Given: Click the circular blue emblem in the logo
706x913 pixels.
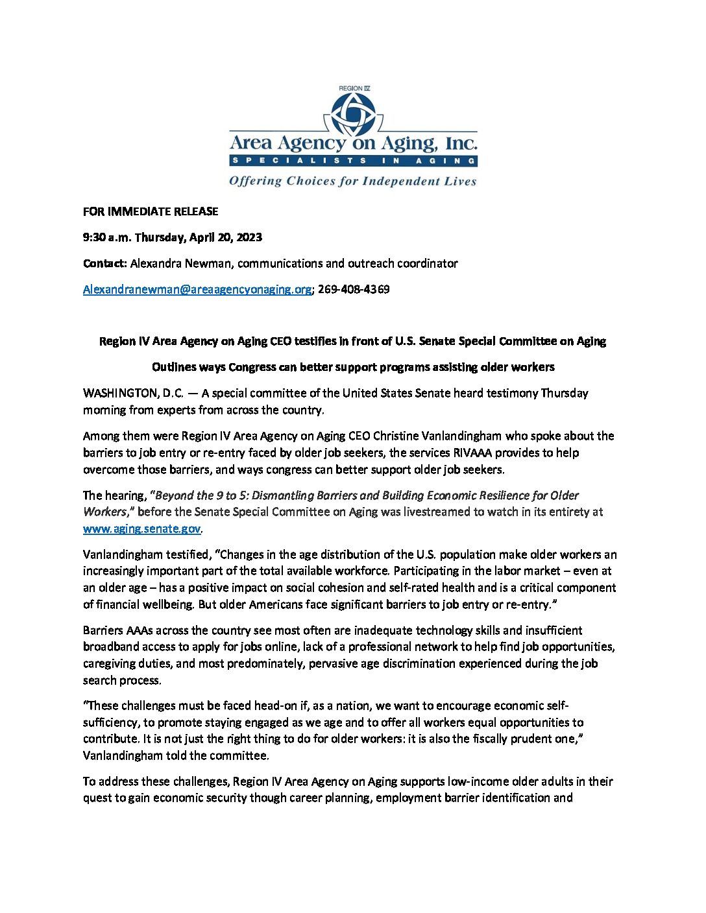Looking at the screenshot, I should (x=353, y=114).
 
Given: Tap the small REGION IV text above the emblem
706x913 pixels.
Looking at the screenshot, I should (x=354, y=88).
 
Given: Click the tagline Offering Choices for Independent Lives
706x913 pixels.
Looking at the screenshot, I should (x=353, y=181).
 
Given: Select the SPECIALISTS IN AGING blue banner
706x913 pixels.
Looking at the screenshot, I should (x=353, y=160).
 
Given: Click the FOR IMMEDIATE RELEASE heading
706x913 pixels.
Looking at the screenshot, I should (x=151, y=211).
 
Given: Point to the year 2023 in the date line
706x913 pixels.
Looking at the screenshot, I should (x=249, y=237).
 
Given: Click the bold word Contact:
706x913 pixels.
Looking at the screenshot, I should (x=104, y=263).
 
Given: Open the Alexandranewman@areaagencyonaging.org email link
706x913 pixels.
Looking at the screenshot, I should (x=197, y=289).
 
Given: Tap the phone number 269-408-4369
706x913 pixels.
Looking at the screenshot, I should (x=354, y=289).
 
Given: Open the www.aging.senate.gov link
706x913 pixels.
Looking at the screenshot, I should (x=141, y=528).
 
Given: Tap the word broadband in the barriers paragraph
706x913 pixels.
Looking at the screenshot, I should (x=108, y=646).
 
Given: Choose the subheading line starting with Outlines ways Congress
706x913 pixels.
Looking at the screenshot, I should (x=353, y=367).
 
